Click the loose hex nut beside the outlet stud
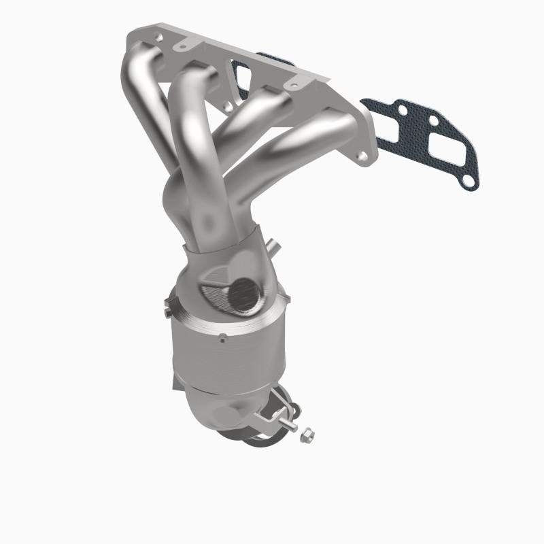pos(305,431)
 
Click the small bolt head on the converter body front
pos(222,337)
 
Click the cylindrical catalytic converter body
pos(224,354)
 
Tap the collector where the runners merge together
pos(204,218)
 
